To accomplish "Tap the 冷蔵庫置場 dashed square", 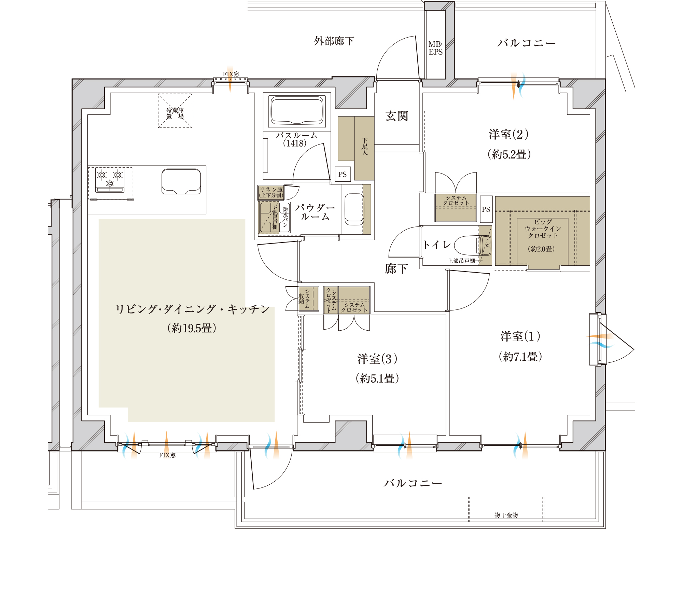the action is [x=175, y=111].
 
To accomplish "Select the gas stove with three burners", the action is [x=110, y=180].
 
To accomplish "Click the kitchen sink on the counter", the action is [x=181, y=181].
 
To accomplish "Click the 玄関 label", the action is [x=397, y=116].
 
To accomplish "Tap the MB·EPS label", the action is [x=435, y=48].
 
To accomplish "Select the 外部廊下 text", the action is [x=334, y=41].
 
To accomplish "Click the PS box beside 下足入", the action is [x=343, y=174].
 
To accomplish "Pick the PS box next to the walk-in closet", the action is [x=486, y=209].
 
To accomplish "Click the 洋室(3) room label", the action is [x=377, y=359].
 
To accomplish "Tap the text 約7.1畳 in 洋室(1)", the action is [x=520, y=357].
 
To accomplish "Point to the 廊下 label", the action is [x=396, y=269].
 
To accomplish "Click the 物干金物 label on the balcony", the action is [x=506, y=515].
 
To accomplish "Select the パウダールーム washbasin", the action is [x=354, y=209].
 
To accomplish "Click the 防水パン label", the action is [x=285, y=218].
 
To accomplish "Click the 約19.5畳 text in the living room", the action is [x=192, y=328].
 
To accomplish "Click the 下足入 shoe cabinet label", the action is [x=365, y=147].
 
